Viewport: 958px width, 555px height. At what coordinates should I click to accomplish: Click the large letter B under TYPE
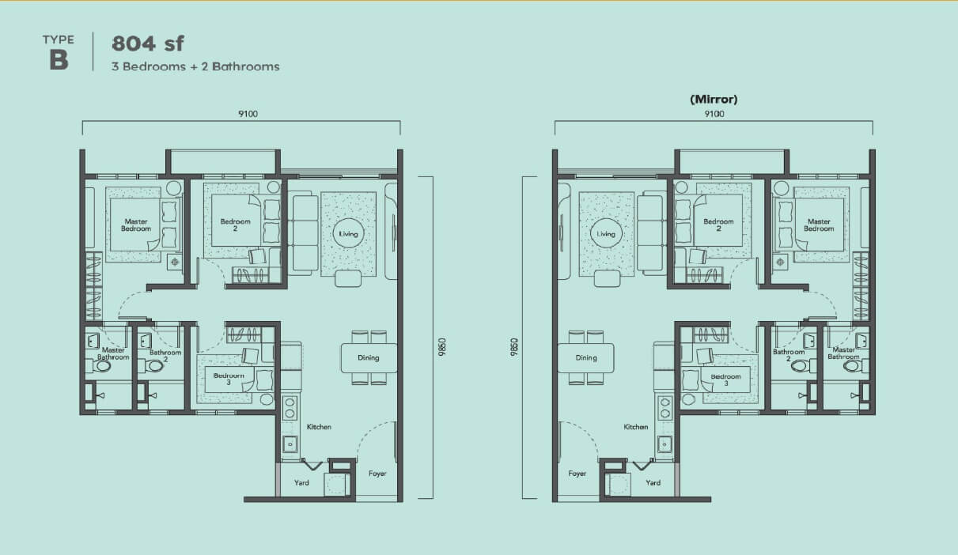click(x=59, y=59)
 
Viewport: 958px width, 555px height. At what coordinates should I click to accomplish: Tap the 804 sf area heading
click(x=148, y=43)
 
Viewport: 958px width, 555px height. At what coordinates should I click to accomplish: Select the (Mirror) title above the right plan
click(x=714, y=99)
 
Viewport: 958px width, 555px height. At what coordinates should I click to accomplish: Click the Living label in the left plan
click(x=348, y=234)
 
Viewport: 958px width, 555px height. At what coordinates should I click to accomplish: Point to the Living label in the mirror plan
click(x=606, y=234)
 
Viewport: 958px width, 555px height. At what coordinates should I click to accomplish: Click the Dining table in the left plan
click(x=369, y=358)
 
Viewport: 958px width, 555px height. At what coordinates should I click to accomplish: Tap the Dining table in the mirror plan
click(x=586, y=358)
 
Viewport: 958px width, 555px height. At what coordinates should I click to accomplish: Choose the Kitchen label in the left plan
click(x=319, y=427)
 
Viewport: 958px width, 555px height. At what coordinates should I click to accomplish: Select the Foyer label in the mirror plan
click(x=577, y=474)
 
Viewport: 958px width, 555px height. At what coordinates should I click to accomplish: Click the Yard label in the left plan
click(x=301, y=483)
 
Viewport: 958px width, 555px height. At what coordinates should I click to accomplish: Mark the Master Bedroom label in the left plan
click(x=136, y=225)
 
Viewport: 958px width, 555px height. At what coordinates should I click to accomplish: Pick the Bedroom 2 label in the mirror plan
click(x=718, y=225)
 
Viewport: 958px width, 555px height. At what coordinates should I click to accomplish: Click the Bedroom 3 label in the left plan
click(x=229, y=379)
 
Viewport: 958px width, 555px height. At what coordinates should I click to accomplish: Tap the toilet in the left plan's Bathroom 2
click(x=154, y=366)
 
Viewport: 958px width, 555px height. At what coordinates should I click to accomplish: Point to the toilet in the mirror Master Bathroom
click(x=854, y=366)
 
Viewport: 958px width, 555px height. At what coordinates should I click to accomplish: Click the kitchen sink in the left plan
click(x=290, y=444)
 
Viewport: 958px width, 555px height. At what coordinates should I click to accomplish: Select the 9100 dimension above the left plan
click(x=248, y=114)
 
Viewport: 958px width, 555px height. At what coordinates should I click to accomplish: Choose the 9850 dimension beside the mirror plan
click(x=514, y=347)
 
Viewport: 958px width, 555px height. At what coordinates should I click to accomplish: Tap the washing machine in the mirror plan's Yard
click(x=618, y=485)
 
